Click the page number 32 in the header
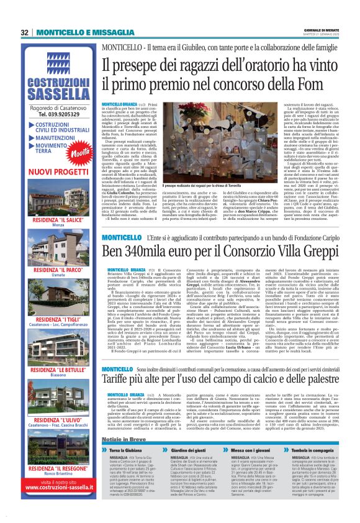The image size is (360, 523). tap(25, 32)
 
